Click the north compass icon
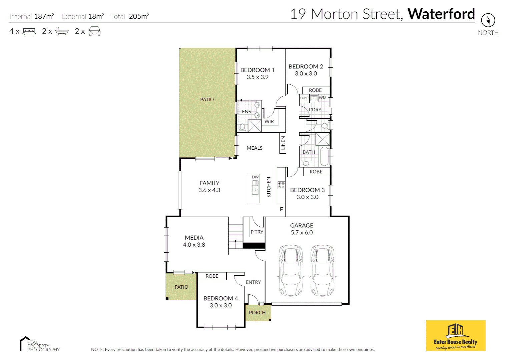[x=488, y=20]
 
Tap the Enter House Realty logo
[x=456, y=336]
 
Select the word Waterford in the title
[x=441, y=14]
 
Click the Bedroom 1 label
[x=258, y=70]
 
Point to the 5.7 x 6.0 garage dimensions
[x=302, y=233]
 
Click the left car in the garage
[x=291, y=271]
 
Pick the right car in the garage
[x=323, y=271]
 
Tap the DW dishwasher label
[x=255, y=177]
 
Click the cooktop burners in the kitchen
[x=281, y=185]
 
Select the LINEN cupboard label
[x=283, y=143]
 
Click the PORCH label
[x=257, y=313]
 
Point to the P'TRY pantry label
[x=257, y=232]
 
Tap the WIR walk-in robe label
[x=269, y=122]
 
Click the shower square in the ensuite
[x=255, y=126]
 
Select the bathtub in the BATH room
[x=324, y=156]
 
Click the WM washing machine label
[x=323, y=98]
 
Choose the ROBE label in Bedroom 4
[x=212, y=276]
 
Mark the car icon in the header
[x=94, y=31]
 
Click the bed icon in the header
[x=29, y=31]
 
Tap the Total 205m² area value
[x=139, y=16]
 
